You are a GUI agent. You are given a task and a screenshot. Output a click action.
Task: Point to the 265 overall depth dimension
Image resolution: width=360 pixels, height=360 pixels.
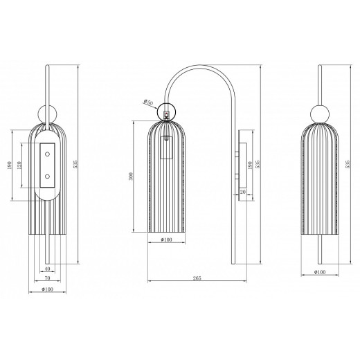[x=197, y=278]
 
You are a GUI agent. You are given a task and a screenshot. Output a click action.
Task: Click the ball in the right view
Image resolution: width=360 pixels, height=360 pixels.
[x=320, y=114]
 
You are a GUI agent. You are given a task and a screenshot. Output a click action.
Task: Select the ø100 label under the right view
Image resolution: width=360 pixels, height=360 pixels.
[x=320, y=272]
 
